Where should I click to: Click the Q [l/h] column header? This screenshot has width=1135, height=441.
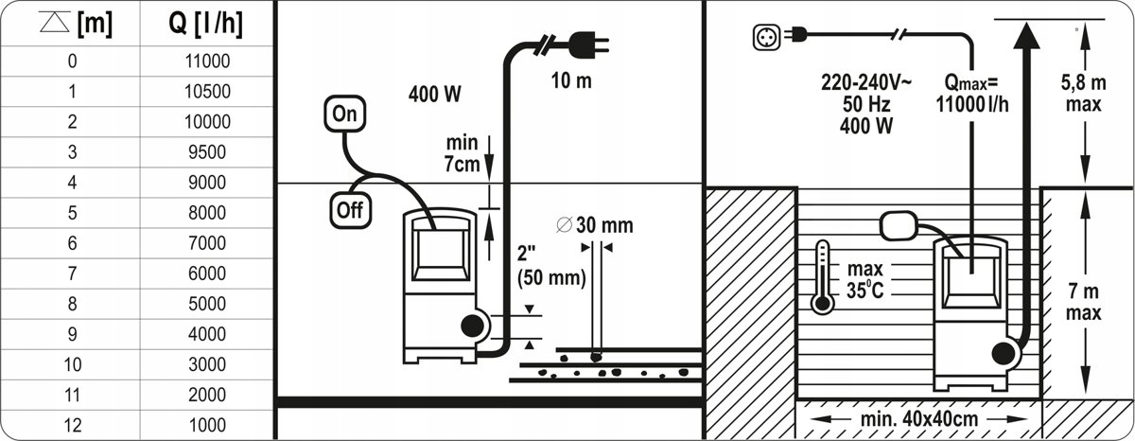tap(205, 25)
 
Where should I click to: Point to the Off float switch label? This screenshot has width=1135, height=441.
tap(350, 210)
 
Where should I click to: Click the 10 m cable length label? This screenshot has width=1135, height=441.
tap(571, 80)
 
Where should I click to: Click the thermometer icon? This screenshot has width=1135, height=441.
tap(822, 276)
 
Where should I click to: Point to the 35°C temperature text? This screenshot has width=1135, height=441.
tap(865, 291)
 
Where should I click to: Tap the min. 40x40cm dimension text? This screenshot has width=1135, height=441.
tap(917, 418)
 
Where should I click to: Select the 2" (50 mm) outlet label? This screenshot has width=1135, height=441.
tap(550, 268)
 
